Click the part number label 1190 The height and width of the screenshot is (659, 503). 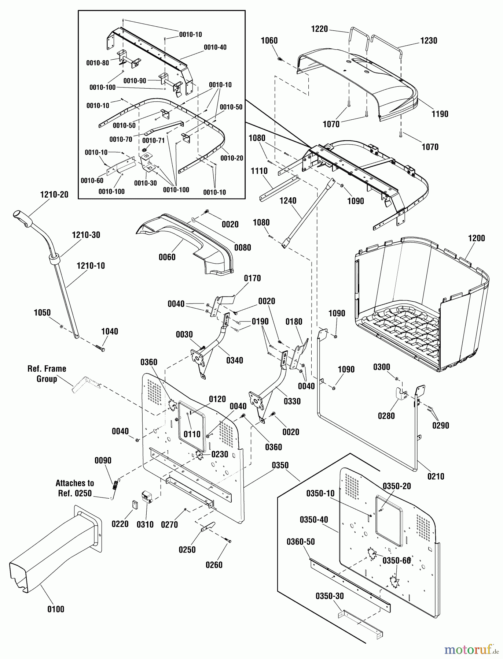(x=440, y=114)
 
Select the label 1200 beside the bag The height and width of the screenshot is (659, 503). (x=476, y=238)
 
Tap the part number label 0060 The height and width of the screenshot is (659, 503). (x=167, y=257)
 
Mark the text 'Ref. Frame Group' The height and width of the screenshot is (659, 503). (x=47, y=374)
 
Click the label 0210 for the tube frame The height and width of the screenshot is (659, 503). (x=436, y=476)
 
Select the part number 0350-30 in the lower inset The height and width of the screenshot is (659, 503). (x=330, y=596)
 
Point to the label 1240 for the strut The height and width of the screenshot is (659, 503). (x=288, y=201)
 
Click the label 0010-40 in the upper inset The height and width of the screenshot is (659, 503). (x=215, y=47)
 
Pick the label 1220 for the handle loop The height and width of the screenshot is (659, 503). (x=319, y=29)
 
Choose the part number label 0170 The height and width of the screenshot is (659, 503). (x=252, y=278)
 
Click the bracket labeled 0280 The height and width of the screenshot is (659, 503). (x=401, y=394)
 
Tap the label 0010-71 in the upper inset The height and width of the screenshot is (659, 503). (x=153, y=140)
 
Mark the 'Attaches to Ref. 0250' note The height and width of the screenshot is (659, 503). (x=75, y=488)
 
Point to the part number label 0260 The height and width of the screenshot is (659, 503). (x=214, y=565)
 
